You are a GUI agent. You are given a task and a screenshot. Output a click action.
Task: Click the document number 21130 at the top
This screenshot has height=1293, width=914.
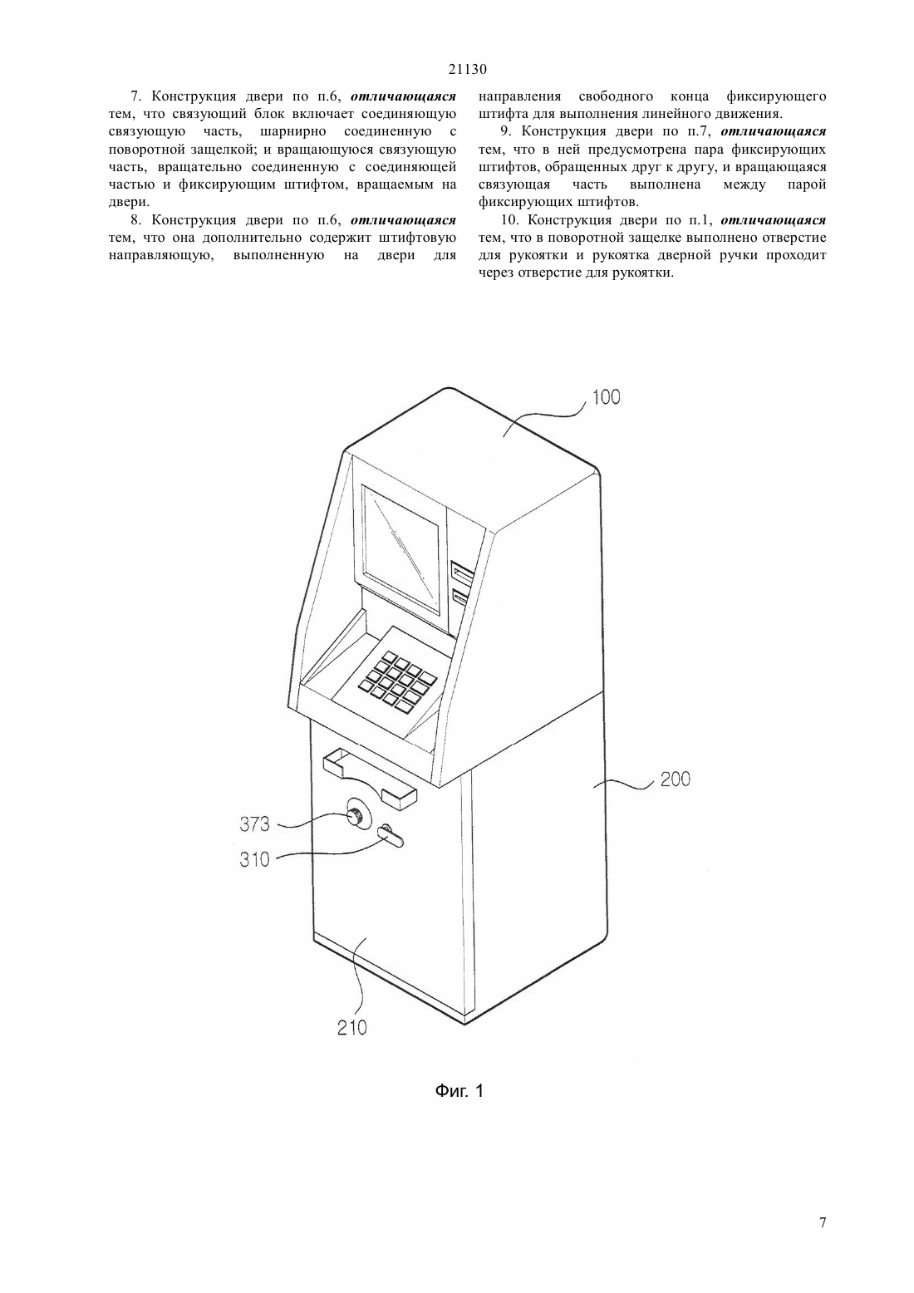click(467, 69)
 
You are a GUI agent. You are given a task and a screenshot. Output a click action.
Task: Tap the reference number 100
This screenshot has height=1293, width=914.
click(607, 397)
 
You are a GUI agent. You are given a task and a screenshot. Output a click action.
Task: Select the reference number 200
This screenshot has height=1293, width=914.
click(676, 779)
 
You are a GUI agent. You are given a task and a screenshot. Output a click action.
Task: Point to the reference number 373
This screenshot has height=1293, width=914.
click(254, 824)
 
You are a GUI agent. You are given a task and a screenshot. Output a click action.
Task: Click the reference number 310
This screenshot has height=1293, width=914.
click(254, 860)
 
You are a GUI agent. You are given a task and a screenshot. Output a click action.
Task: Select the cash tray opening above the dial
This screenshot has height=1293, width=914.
click(370, 778)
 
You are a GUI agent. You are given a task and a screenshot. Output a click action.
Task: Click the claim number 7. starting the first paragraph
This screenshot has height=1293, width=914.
click(136, 96)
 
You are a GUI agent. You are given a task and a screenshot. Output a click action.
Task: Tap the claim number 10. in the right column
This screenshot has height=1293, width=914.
click(509, 220)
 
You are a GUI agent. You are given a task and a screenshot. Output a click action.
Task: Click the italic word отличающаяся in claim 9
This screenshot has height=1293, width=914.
click(774, 131)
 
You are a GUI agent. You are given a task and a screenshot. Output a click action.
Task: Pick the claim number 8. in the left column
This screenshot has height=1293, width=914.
click(136, 220)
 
